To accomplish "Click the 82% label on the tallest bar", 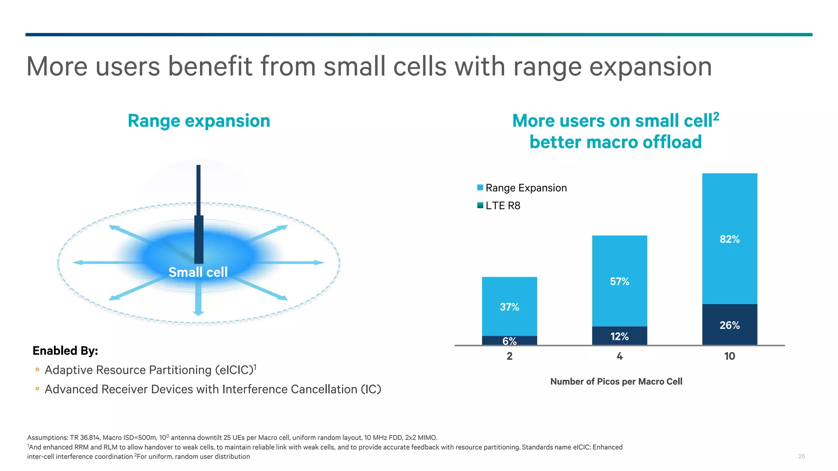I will coord(730,239).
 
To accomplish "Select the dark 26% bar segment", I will coord(730,325).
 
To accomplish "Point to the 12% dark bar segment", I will coord(619,336).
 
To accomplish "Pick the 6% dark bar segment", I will coord(509,341).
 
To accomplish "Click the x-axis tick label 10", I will coord(730,356).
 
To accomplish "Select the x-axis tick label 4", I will coord(619,356).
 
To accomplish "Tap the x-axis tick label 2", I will coord(509,356).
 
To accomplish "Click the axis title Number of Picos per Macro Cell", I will coord(616,381).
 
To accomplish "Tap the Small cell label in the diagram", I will coord(198,272).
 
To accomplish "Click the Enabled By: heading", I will coord(65,351).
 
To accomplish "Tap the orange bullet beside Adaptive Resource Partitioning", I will coord(37,370).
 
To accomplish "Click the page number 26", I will coord(801,456).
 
